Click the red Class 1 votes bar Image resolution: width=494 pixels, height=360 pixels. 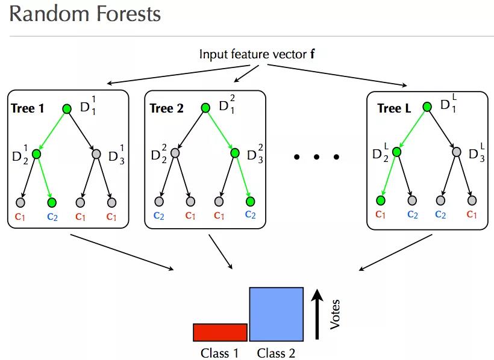[220, 332]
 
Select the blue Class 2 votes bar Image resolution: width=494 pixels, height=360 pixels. [277, 314]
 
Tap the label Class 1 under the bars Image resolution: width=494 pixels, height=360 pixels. [219, 353]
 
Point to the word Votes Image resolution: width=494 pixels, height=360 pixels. [336, 315]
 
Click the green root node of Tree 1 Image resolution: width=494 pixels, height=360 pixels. [67, 108]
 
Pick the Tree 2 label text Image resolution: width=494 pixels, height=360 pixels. [167, 108]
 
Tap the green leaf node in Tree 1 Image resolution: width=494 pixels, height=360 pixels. [52, 201]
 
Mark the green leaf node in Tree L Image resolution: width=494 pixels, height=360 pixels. [381, 200]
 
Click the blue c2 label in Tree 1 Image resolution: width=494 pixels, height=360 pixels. [52, 216]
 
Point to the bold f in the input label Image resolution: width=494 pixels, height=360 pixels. [312, 54]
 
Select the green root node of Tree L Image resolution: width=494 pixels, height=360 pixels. [427, 107]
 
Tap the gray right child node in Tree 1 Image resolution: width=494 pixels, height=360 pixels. [96, 154]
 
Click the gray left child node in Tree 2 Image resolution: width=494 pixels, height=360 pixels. [175, 154]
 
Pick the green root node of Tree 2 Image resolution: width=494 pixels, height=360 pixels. [205, 108]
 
